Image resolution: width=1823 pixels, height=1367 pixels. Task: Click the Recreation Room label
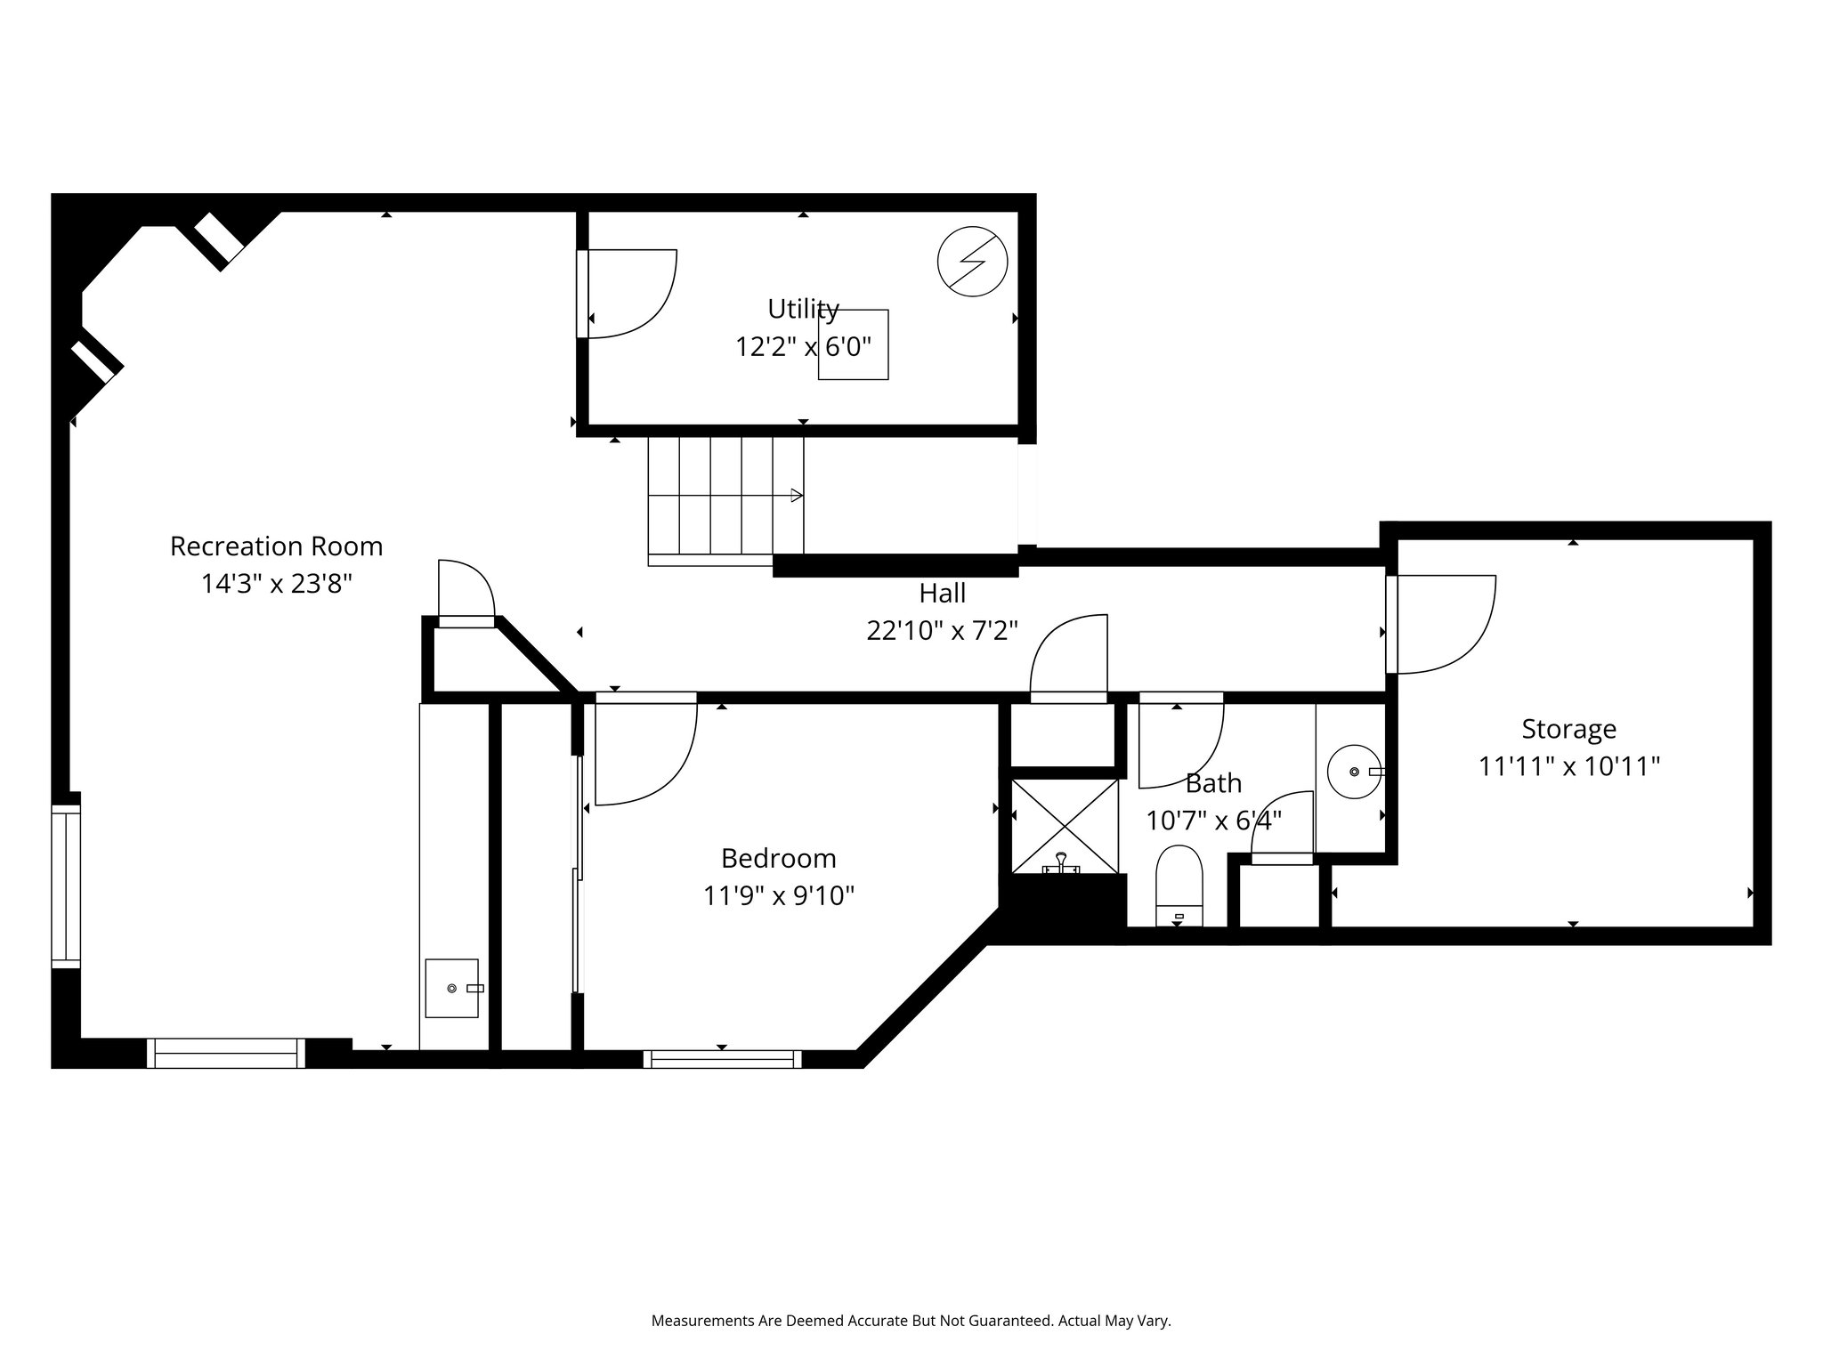pyautogui.click(x=276, y=546)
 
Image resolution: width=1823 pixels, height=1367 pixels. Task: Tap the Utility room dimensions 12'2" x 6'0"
pyautogui.click(x=803, y=346)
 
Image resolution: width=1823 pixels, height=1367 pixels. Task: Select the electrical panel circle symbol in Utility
pyautogui.click(x=972, y=263)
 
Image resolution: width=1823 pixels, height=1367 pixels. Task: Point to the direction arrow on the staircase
pyautogui.click(x=795, y=496)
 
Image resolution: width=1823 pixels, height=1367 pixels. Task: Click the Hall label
pyautogui.click(x=942, y=593)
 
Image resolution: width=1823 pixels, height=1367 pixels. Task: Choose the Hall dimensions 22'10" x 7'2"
pyautogui.click(x=942, y=630)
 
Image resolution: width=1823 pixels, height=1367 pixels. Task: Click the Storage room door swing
pyautogui.click(x=1442, y=624)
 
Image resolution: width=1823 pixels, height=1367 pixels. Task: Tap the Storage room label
pyautogui.click(x=1568, y=729)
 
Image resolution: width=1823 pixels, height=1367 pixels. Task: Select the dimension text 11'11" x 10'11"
pyautogui.click(x=1568, y=766)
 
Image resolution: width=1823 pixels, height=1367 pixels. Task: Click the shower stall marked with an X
pyautogui.click(x=1065, y=826)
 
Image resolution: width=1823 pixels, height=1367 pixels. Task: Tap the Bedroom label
pyautogui.click(x=778, y=858)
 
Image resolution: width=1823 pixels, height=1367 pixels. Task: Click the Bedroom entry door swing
pyautogui.click(x=644, y=753)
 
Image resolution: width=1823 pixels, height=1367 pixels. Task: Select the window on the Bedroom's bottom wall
pyautogui.click(x=722, y=1059)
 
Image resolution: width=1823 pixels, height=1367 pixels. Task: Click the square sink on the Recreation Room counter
pyautogui.click(x=451, y=988)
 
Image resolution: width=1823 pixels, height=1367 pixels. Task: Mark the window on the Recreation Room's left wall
pyautogui.click(x=65, y=885)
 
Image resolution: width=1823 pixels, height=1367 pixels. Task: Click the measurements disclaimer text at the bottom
pyautogui.click(x=911, y=1322)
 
